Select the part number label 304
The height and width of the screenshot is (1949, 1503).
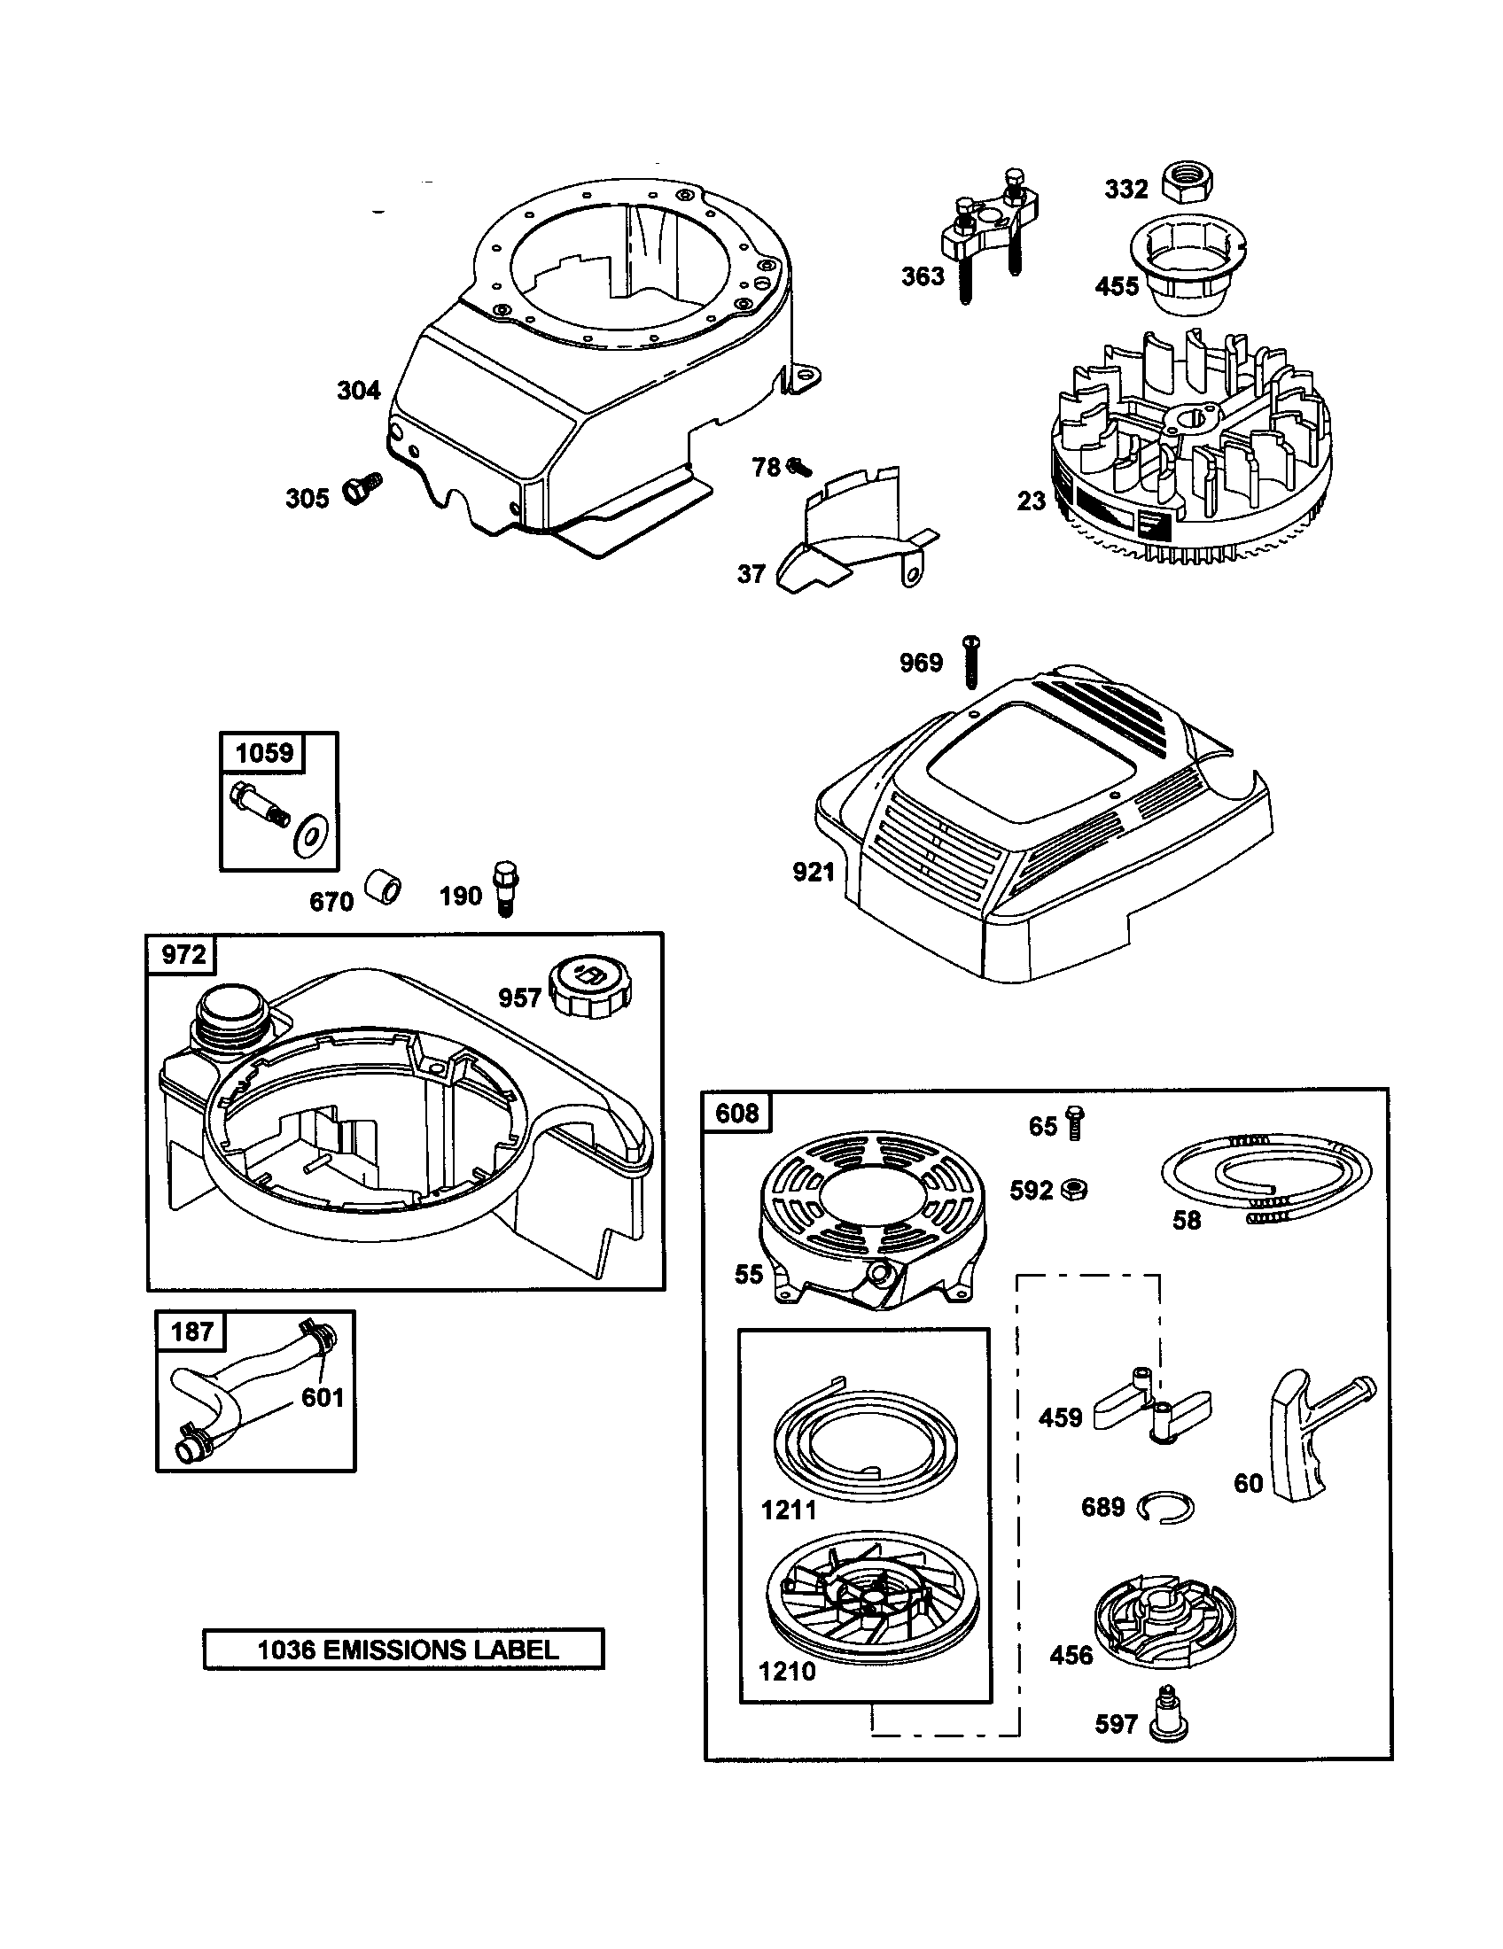[358, 390]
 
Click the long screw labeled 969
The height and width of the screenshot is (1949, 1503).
[971, 661]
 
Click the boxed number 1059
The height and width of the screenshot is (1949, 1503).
[264, 752]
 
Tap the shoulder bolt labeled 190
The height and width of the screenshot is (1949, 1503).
[506, 886]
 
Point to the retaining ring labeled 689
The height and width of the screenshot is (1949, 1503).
[1165, 1507]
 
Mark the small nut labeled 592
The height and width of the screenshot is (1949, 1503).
[1075, 1190]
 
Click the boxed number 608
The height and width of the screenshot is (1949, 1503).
[737, 1113]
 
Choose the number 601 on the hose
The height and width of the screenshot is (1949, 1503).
[323, 1396]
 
